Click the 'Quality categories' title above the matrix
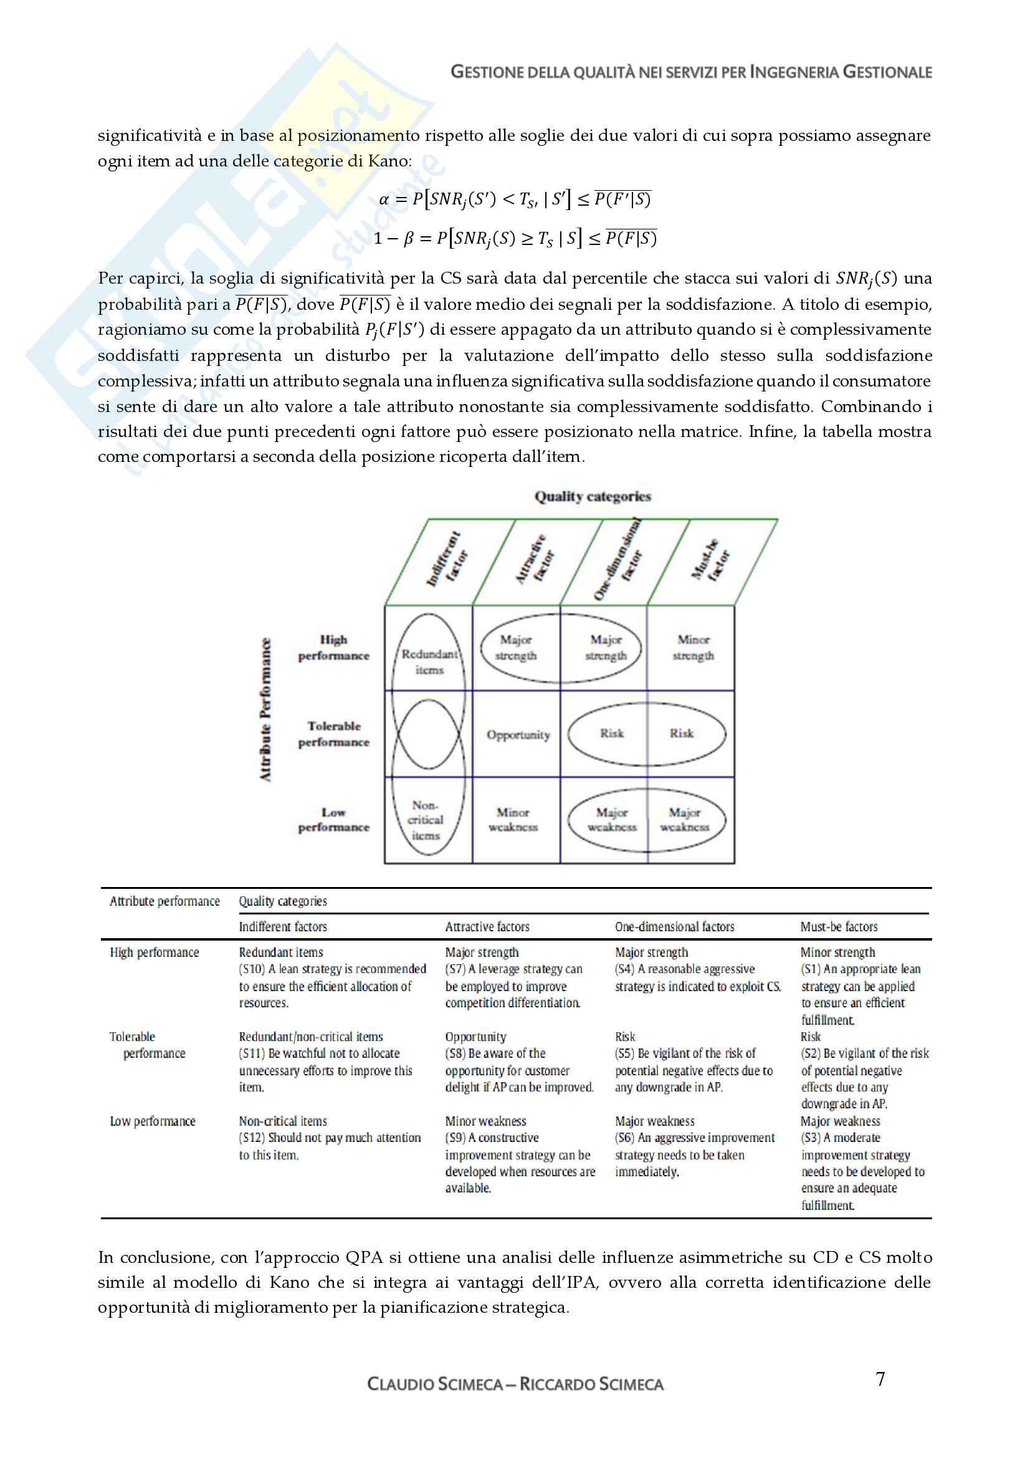point(592,497)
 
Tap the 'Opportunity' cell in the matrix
point(518,735)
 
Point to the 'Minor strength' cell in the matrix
point(693,647)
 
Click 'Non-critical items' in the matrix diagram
point(425,820)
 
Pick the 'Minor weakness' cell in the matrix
point(513,820)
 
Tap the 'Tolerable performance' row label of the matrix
point(334,734)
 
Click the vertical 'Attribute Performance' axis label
point(265,709)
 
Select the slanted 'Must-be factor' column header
point(710,559)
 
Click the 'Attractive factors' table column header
point(487,926)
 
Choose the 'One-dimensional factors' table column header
point(674,926)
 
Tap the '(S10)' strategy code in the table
point(251,969)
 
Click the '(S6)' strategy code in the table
point(624,1138)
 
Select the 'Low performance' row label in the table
point(152,1121)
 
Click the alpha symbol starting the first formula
point(383,199)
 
